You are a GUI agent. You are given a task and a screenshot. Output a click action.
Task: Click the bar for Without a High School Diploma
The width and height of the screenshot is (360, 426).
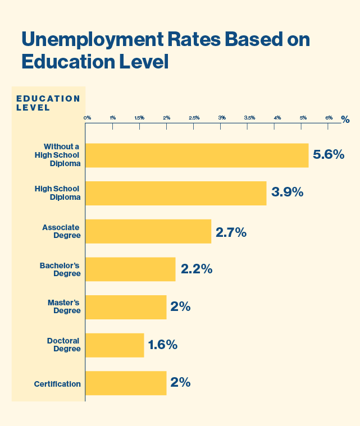[x=197, y=155]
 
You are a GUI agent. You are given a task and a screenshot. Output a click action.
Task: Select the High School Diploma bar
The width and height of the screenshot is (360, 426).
[x=176, y=193]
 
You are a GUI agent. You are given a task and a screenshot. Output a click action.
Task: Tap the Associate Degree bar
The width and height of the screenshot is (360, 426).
[x=148, y=231]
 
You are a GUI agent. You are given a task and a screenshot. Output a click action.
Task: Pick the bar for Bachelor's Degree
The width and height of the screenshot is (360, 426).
[x=130, y=269]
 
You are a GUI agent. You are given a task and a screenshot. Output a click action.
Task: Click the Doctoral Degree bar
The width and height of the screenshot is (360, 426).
[x=115, y=345]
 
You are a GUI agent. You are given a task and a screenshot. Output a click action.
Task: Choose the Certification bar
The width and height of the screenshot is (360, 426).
[x=126, y=383]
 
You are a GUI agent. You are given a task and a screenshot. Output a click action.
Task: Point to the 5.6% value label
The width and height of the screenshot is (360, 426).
[x=328, y=155]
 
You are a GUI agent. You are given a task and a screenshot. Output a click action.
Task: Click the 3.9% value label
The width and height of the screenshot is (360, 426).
[x=287, y=193]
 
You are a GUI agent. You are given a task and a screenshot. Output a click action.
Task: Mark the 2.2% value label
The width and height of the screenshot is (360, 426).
[x=196, y=269]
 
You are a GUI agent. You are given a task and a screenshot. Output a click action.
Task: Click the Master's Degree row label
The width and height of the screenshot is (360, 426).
[x=64, y=307]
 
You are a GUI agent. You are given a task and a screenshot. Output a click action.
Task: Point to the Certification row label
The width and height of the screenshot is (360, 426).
[x=57, y=384]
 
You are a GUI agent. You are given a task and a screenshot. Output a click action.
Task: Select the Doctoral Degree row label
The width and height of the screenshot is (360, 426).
[x=63, y=345]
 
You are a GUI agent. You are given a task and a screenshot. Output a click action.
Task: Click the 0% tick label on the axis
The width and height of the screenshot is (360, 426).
[x=87, y=118]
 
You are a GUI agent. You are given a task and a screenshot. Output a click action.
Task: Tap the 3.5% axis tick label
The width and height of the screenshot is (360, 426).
[x=249, y=118]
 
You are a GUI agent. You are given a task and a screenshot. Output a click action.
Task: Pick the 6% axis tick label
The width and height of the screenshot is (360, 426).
[x=329, y=118]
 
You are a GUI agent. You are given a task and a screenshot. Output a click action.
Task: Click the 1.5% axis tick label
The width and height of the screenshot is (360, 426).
[x=139, y=118]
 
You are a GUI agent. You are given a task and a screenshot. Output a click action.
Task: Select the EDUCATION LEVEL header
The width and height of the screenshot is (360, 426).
[x=48, y=103]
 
